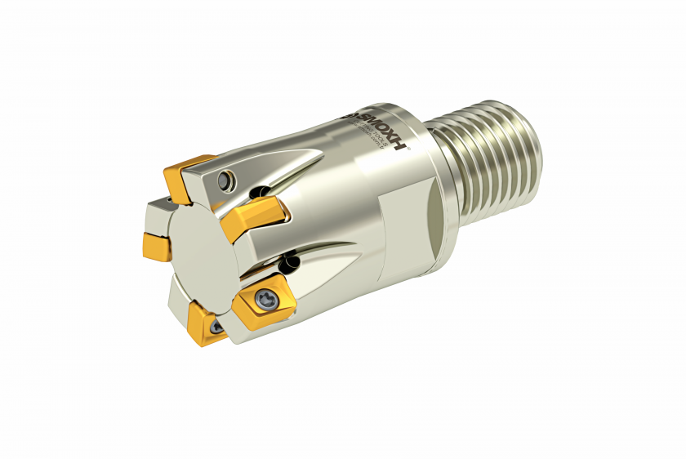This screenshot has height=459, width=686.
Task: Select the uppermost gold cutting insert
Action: [189, 176]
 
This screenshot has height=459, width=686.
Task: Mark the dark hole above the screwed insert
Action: [288, 263]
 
